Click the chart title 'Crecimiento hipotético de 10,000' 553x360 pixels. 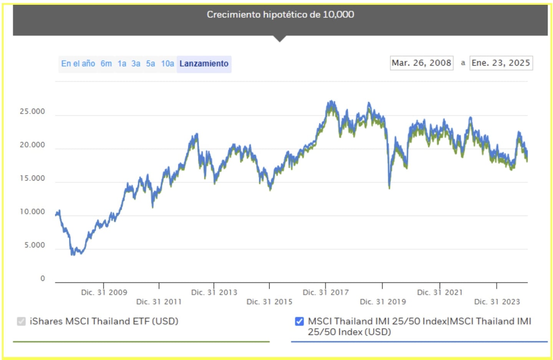pos(280,15)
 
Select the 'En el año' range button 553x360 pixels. pos(78,64)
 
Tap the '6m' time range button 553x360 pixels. pos(106,64)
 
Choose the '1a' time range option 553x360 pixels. pos(122,64)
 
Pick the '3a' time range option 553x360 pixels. pos(136,64)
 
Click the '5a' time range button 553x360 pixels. pos(151,64)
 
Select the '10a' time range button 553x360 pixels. pos(167,64)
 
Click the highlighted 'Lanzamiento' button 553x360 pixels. pos(204,64)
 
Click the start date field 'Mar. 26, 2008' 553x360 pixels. pos(421,63)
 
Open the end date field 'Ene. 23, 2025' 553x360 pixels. pos(501,63)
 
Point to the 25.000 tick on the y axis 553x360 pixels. pos(32,112)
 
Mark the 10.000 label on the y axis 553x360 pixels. pos(32,212)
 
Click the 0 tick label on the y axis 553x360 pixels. pos(43,279)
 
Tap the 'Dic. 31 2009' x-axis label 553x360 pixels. pos(104,292)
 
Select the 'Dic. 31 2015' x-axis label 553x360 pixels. pos(269,302)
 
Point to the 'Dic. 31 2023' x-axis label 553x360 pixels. pos(497,302)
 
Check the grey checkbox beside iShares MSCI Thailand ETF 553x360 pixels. pos(22,321)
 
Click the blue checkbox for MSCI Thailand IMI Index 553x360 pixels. pos(299,321)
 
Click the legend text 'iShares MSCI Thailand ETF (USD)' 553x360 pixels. pos(104,321)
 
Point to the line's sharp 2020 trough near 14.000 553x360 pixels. pos(389,187)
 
